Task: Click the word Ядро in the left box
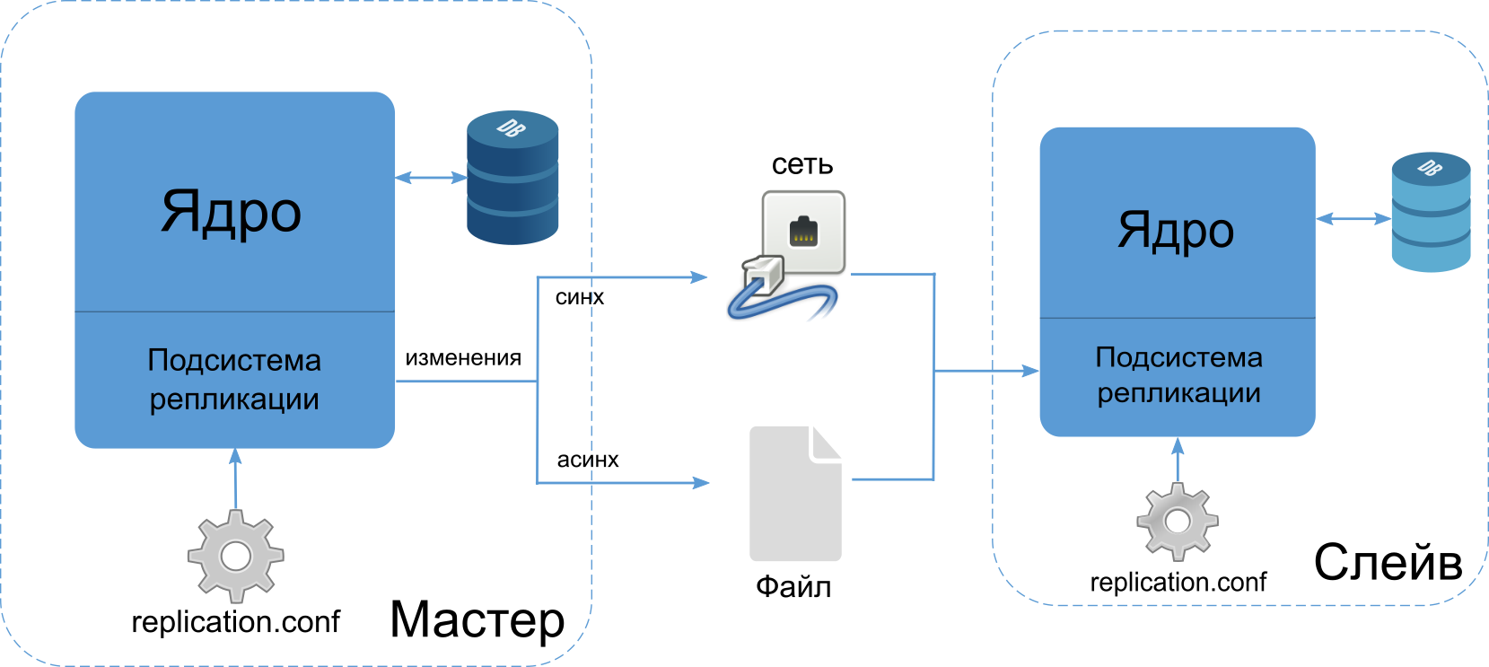(x=231, y=211)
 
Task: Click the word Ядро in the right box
(x=1176, y=230)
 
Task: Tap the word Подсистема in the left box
(x=234, y=360)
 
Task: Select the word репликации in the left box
(x=234, y=399)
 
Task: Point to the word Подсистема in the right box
(x=1178, y=357)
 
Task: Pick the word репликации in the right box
(x=1178, y=393)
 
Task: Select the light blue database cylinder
(x=1431, y=213)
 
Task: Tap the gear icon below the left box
(x=235, y=557)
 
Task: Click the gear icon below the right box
(x=1178, y=522)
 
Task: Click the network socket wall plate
(x=804, y=231)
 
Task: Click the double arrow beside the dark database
(x=431, y=178)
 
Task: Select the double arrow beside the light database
(x=1353, y=218)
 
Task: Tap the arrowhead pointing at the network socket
(x=700, y=277)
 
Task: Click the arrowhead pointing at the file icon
(x=700, y=483)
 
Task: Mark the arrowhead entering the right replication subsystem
(x=1030, y=370)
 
